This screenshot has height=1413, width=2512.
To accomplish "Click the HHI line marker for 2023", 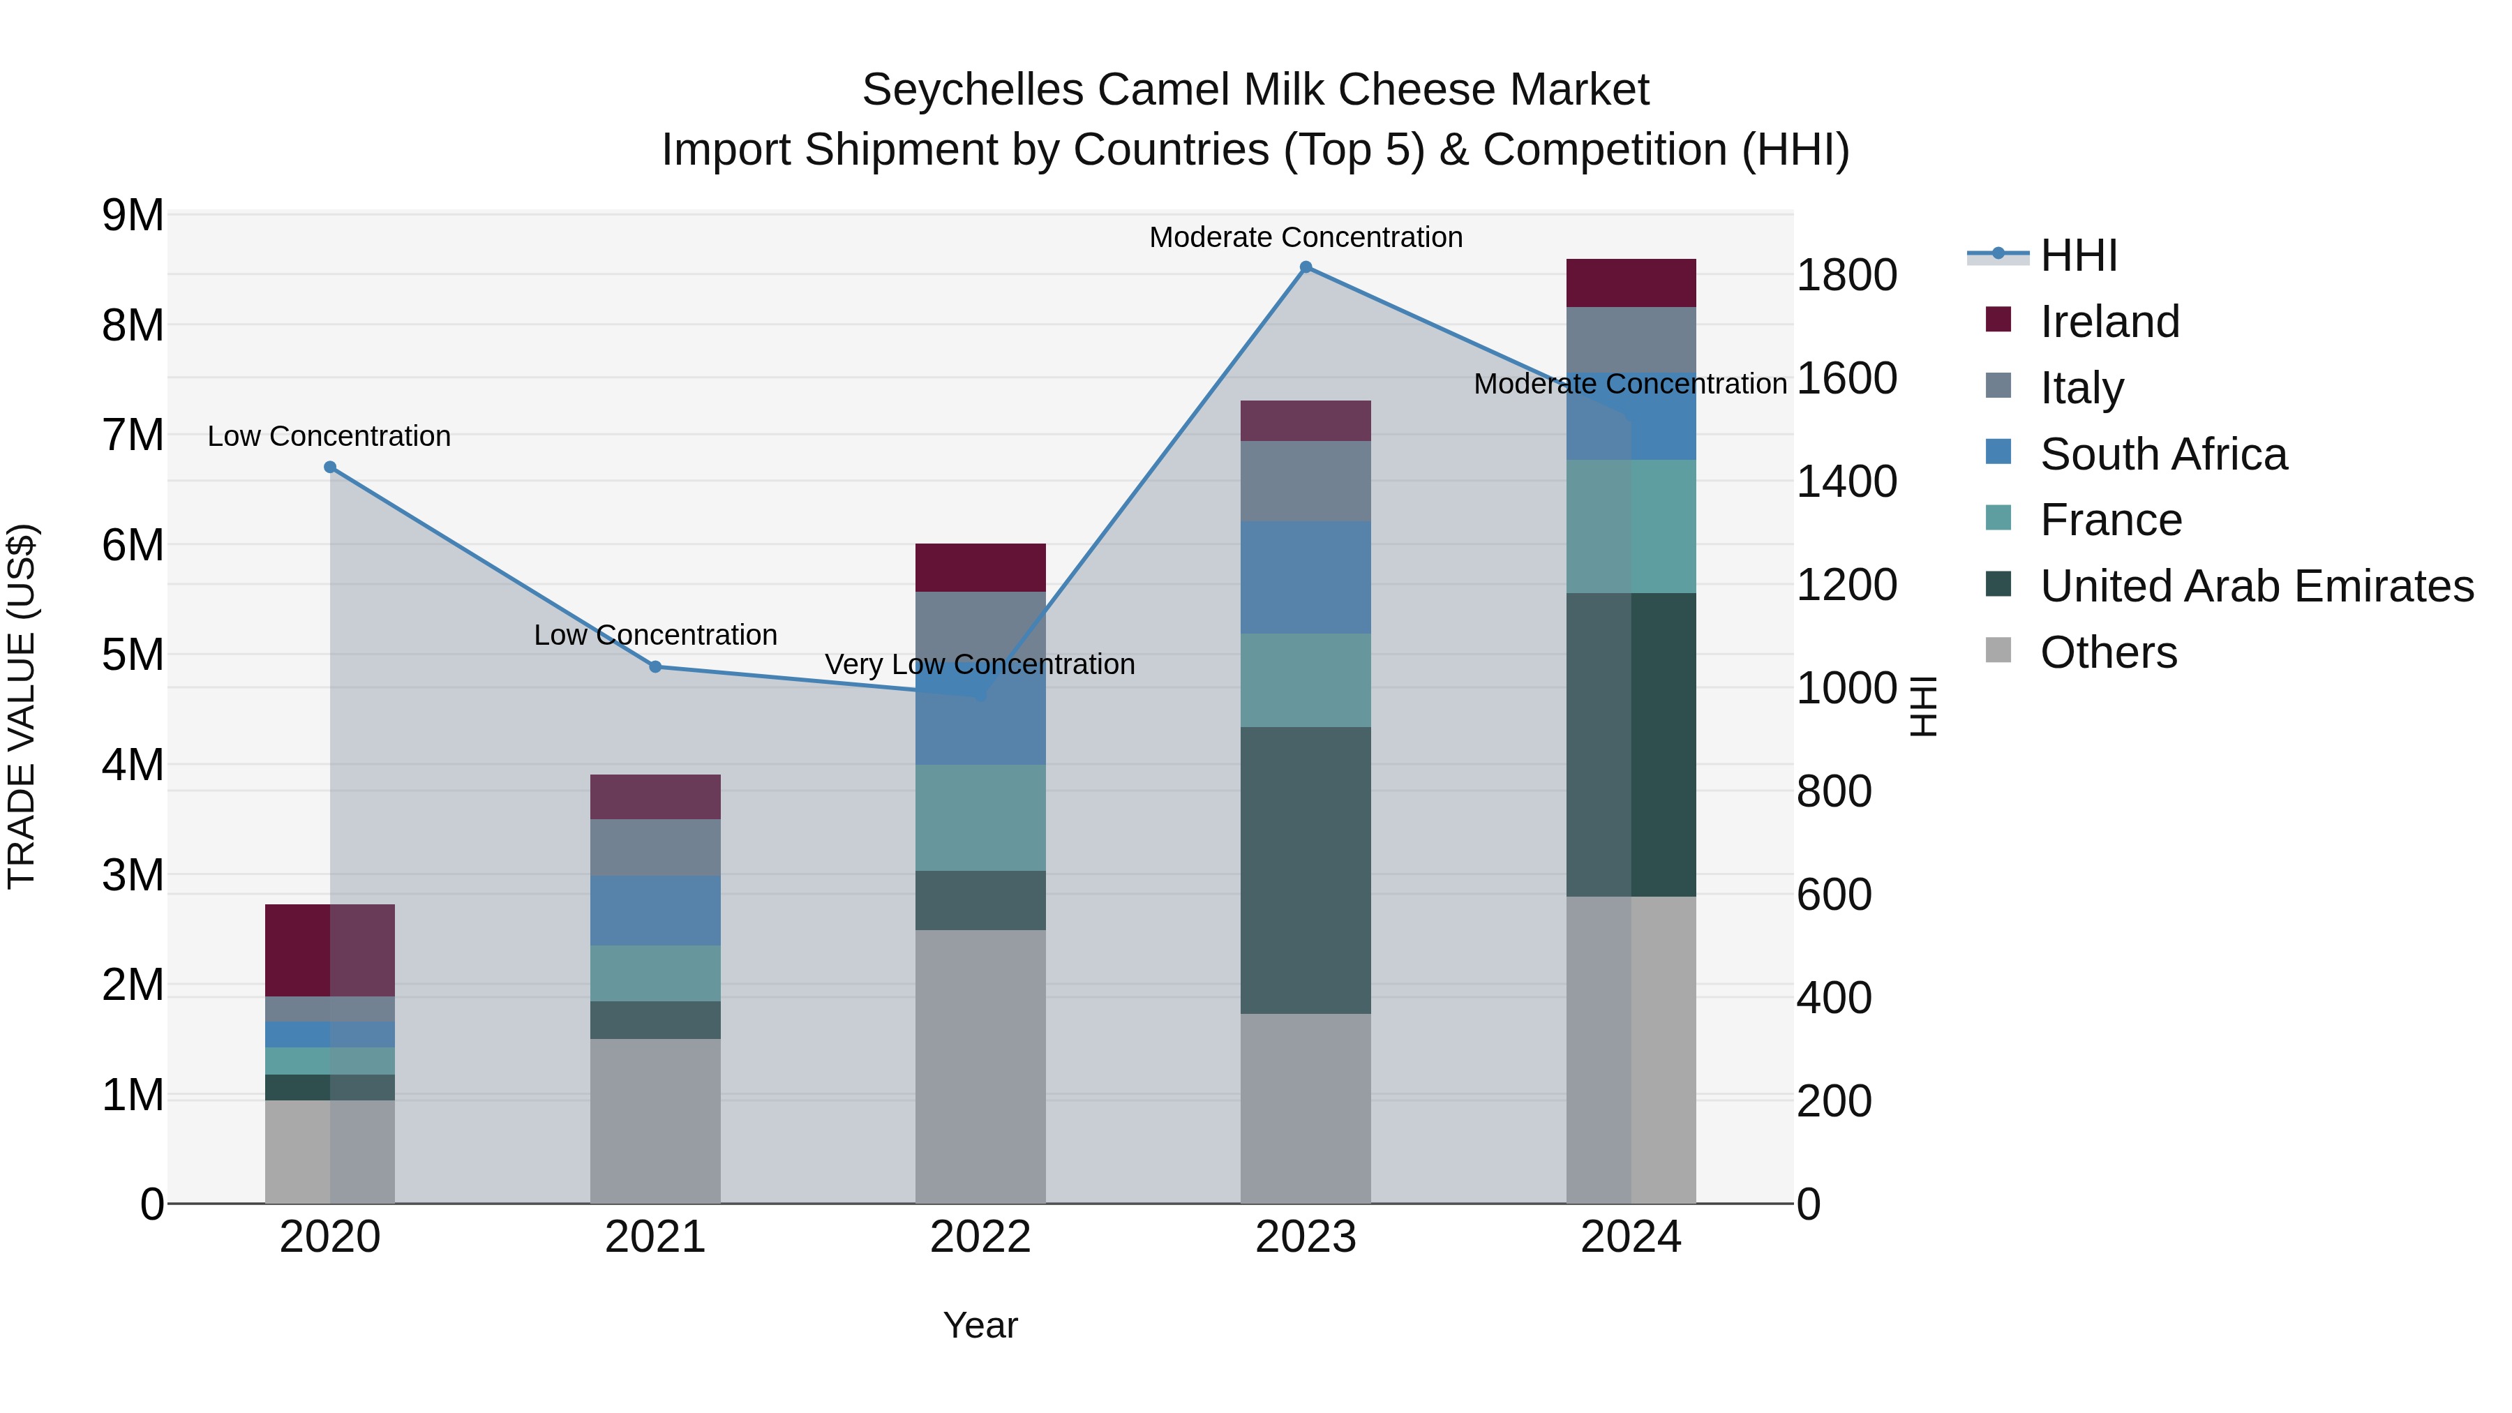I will [1306, 267].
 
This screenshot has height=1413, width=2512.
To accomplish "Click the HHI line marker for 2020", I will [329, 467].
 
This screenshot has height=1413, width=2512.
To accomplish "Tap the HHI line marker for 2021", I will [655, 667].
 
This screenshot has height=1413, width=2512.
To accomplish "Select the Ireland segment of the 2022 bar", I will [980, 567].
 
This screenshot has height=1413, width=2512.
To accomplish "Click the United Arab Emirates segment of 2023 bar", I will [1306, 870].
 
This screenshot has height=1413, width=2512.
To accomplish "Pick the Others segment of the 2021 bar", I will [655, 1121].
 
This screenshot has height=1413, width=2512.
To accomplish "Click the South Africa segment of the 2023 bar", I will [1306, 577].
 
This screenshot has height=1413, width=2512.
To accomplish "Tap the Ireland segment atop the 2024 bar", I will [1631, 283].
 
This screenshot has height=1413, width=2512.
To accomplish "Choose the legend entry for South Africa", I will [2163, 454].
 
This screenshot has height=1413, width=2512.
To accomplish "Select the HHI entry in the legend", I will [2078, 255].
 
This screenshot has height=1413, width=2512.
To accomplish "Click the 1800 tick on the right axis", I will [1846, 275].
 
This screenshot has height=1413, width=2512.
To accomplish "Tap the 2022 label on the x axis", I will [980, 1237].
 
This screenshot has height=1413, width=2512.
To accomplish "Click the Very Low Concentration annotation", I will [980, 664].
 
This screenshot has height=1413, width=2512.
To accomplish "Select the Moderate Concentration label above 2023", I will [1306, 237].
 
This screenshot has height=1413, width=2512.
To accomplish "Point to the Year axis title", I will [980, 1325].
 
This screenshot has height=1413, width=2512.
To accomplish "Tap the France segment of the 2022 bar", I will [980, 817].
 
